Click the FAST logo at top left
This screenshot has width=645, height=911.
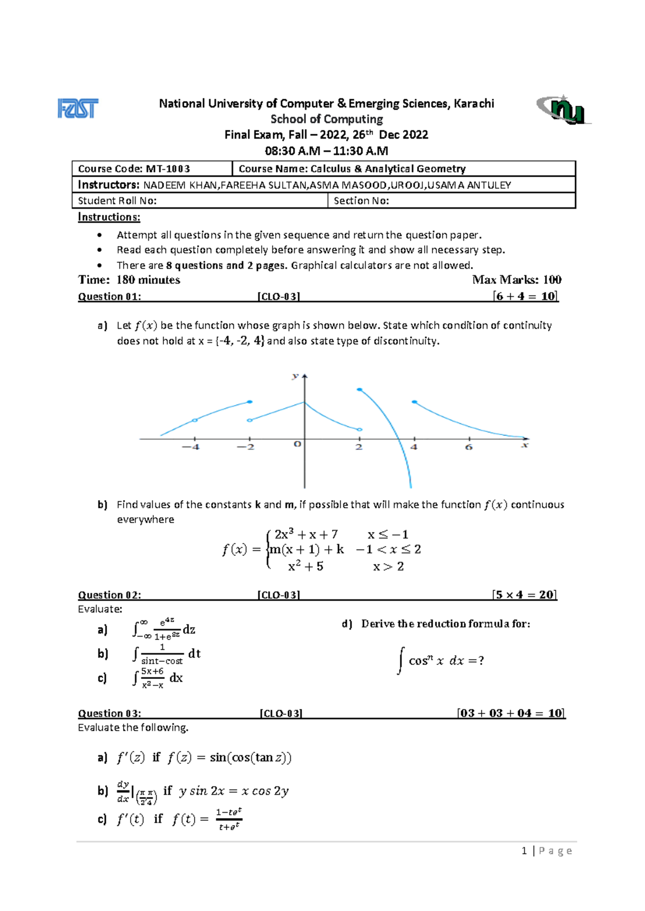(78, 109)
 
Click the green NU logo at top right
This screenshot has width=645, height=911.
(563, 110)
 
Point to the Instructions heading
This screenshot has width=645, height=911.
(109, 217)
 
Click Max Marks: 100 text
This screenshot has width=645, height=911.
(517, 279)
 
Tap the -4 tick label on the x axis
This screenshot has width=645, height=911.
(191, 447)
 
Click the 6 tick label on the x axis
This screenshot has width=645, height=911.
(469, 447)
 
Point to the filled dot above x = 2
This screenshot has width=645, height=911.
(360, 389)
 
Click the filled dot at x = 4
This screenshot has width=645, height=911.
(414, 402)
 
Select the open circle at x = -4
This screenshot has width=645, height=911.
(195, 420)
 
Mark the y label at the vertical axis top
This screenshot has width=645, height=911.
(295, 376)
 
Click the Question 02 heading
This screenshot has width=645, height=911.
(109, 595)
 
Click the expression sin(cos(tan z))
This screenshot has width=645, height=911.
(250, 757)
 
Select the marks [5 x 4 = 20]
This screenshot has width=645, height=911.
(524, 595)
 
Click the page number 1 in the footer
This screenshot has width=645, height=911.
(524, 850)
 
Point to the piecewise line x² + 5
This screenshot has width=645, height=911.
(305, 566)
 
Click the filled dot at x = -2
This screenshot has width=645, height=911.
(250, 402)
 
